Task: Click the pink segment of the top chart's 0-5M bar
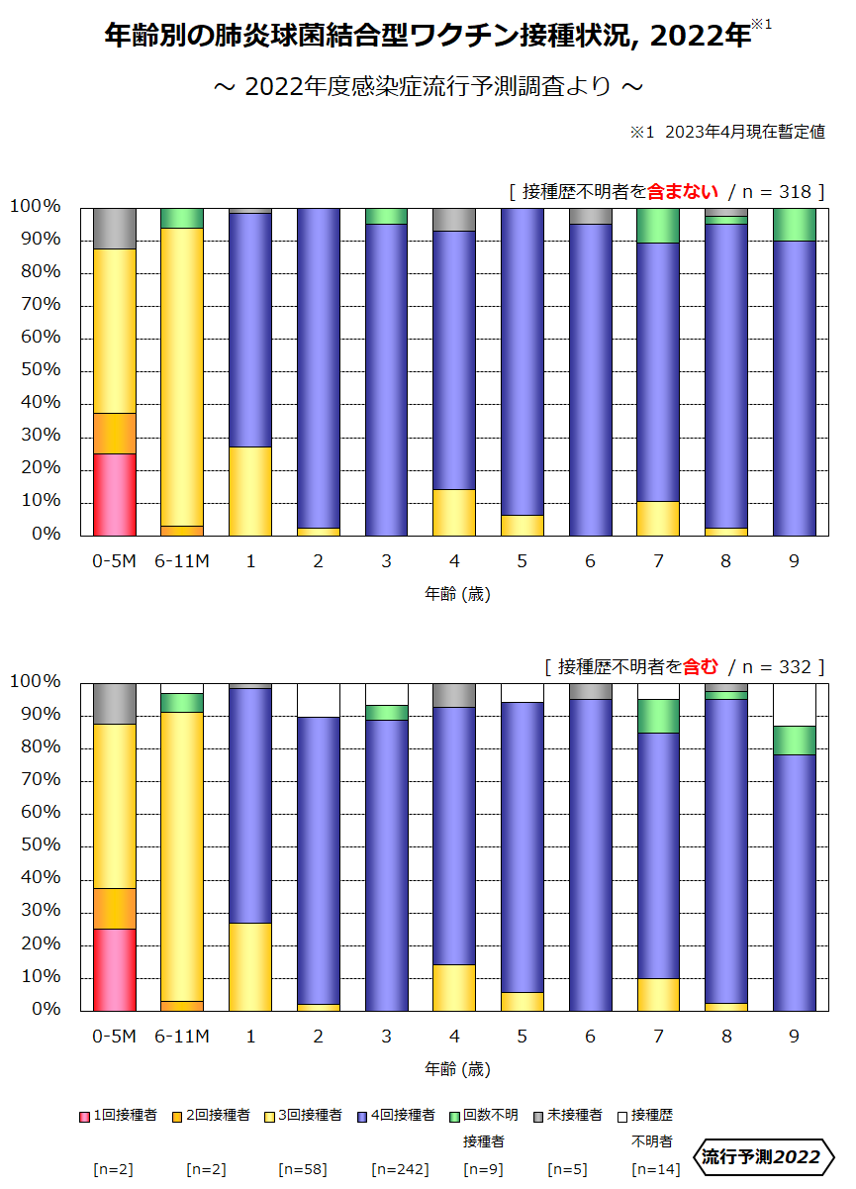(x=114, y=493)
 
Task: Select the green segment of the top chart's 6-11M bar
(x=182, y=218)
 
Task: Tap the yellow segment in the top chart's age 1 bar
(x=250, y=490)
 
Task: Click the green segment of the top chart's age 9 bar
(x=794, y=225)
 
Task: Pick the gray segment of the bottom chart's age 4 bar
(x=454, y=695)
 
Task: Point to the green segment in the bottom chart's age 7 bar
(x=658, y=716)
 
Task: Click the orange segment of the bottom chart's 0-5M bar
(x=114, y=908)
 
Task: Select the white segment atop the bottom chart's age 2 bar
(x=319, y=700)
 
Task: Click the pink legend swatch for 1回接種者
(x=85, y=1116)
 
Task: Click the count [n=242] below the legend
(x=400, y=1169)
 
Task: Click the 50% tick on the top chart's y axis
(x=36, y=370)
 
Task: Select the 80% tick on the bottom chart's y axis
(x=36, y=780)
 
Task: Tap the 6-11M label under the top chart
(x=182, y=561)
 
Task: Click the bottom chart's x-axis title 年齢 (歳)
(x=457, y=1069)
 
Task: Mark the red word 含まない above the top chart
(x=682, y=191)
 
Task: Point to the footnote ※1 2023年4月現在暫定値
(x=727, y=133)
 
